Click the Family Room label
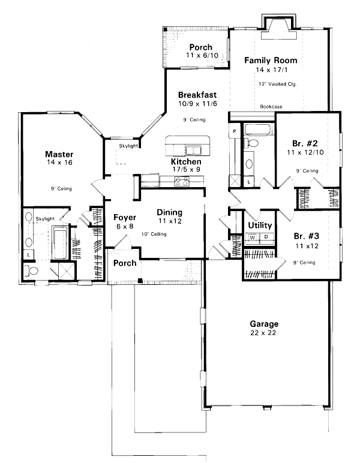(x=271, y=61)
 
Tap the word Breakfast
(x=197, y=95)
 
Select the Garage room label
(x=264, y=324)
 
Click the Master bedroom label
(x=59, y=154)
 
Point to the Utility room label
(x=260, y=226)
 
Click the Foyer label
(x=124, y=218)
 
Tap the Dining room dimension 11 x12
(x=170, y=221)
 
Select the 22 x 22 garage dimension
(x=264, y=333)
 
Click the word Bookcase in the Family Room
(x=271, y=107)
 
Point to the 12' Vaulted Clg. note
(x=278, y=84)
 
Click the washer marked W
(x=253, y=237)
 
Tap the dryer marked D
(x=266, y=237)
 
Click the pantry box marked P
(x=234, y=130)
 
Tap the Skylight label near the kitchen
(x=128, y=146)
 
